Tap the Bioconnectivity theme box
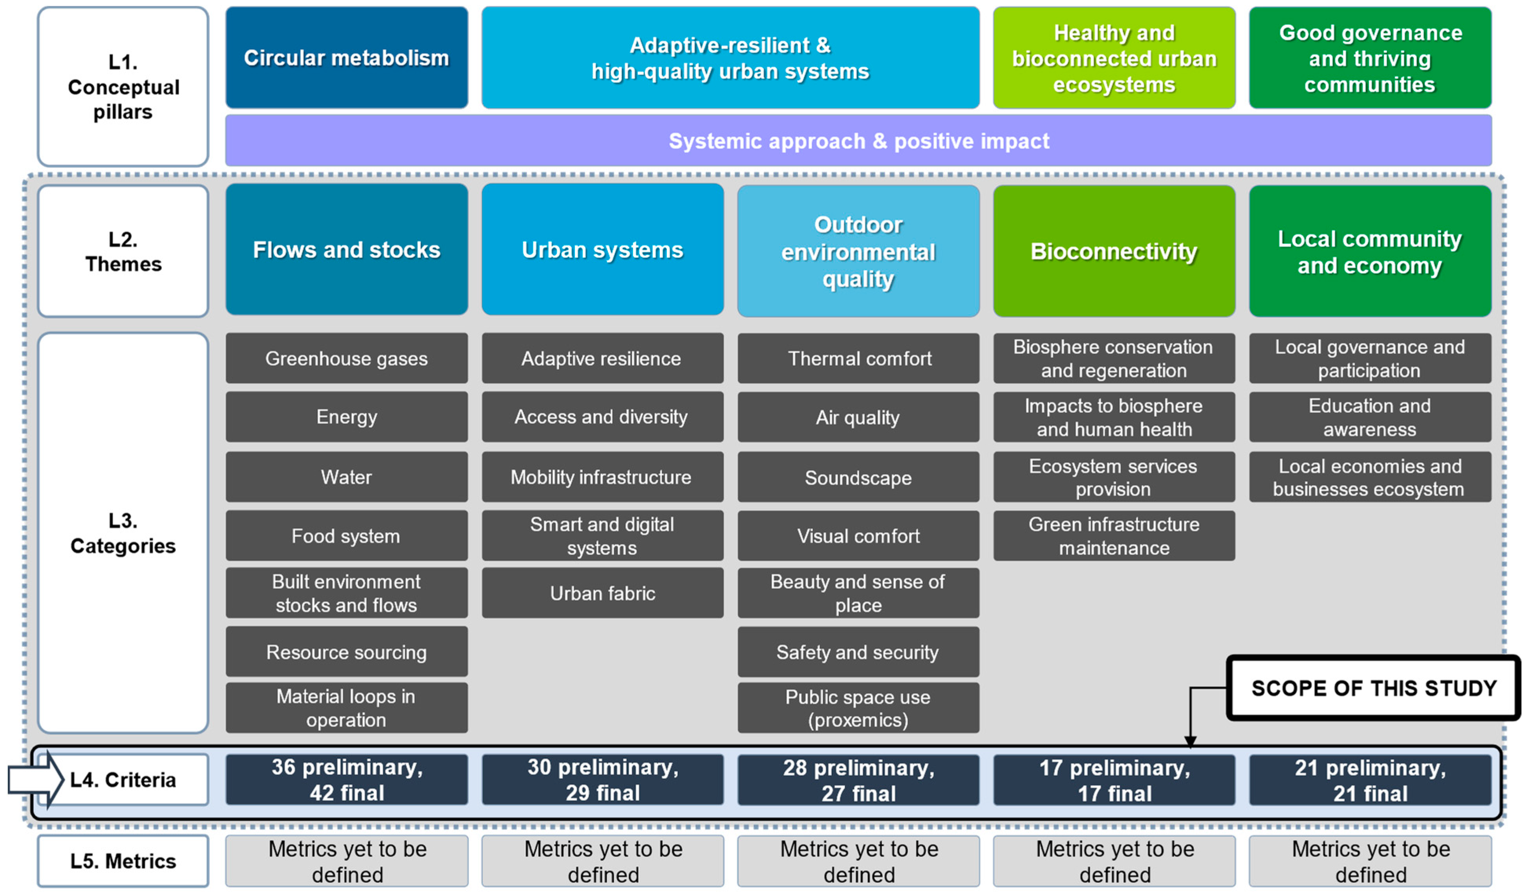(x=1114, y=250)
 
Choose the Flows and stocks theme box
(x=346, y=250)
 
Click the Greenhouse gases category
(x=346, y=358)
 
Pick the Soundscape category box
(x=858, y=477)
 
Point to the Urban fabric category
(x=602, y=593)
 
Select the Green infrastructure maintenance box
(x=1114, y=536)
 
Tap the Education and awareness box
(x=1369, y=417)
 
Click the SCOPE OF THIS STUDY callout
(x=1373, y=688)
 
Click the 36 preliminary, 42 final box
(x=346, y=780)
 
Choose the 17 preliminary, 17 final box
(x=1114, y=780)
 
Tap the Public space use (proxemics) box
(x=858, y=708)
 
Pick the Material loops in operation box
(x=346, y=708)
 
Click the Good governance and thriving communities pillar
(x=1369, y=58)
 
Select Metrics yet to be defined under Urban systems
(x=602, y=861)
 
